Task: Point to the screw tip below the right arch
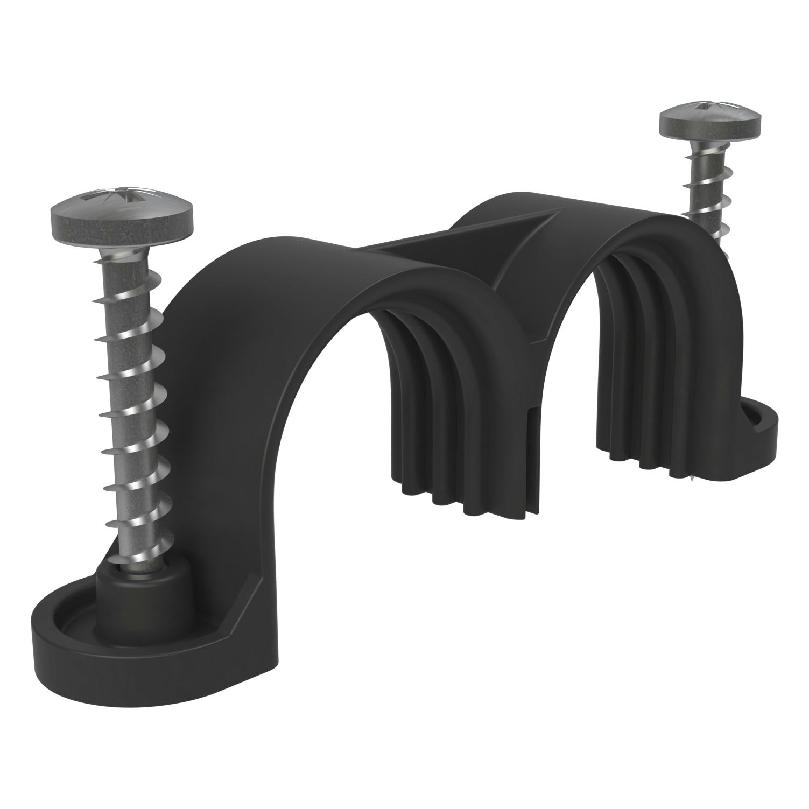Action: point(691,476)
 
